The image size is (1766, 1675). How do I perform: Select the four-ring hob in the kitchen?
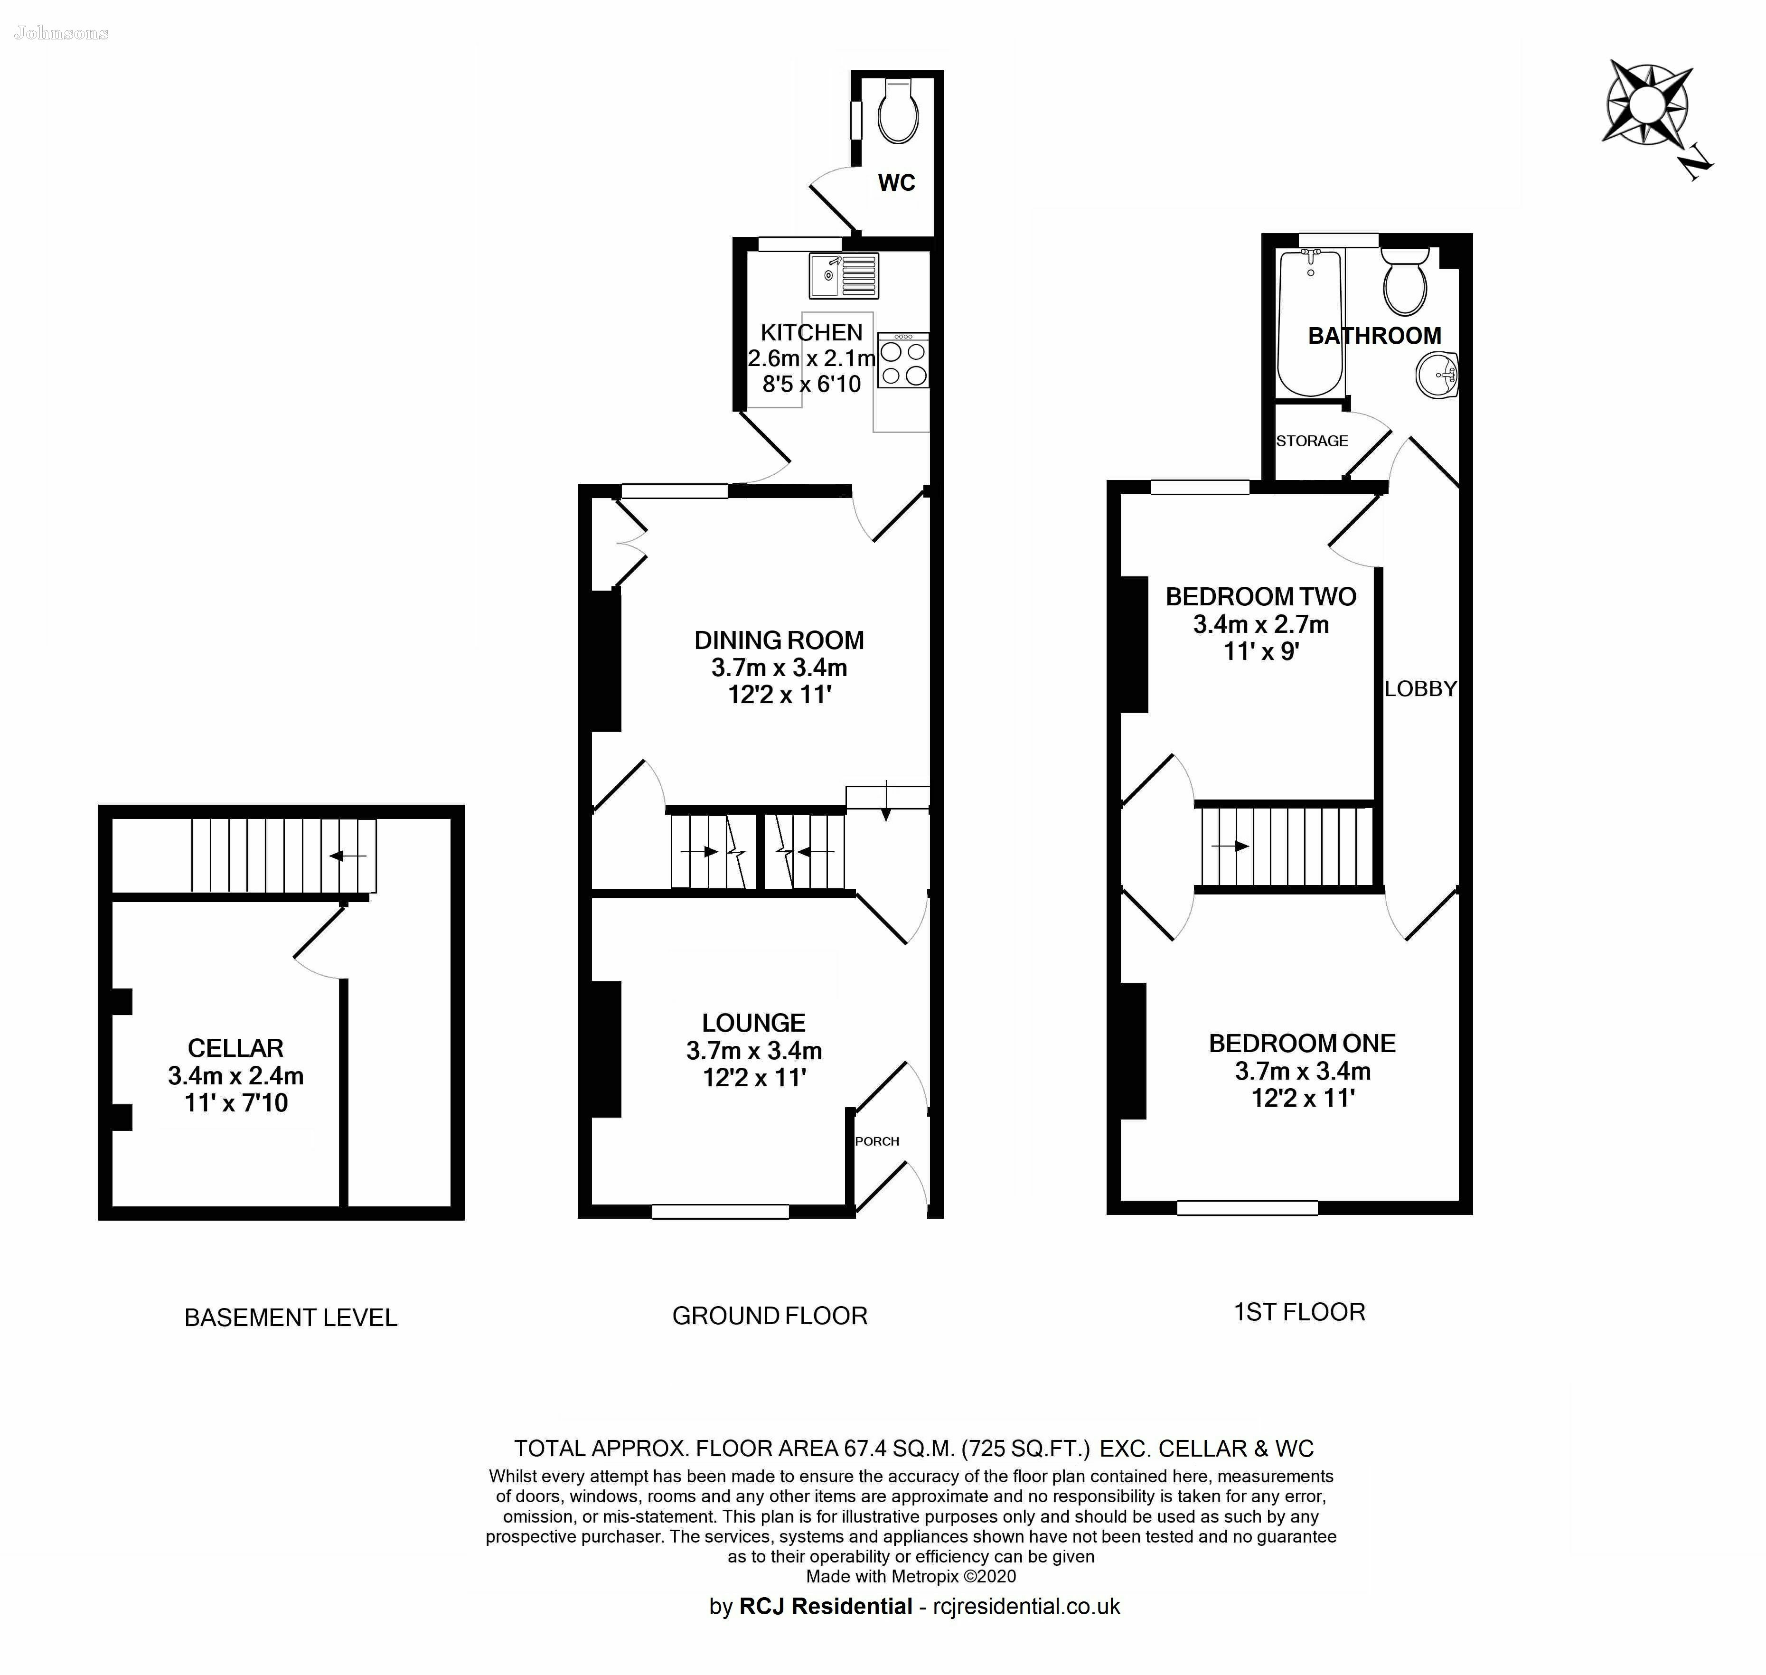902,361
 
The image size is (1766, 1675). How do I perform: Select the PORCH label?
877,1141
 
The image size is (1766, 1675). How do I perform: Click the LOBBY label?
1420,688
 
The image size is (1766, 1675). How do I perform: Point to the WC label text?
896,183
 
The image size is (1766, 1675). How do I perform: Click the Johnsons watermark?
62,34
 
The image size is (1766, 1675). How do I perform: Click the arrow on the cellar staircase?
348,856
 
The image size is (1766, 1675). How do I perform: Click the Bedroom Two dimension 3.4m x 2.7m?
1261,624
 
